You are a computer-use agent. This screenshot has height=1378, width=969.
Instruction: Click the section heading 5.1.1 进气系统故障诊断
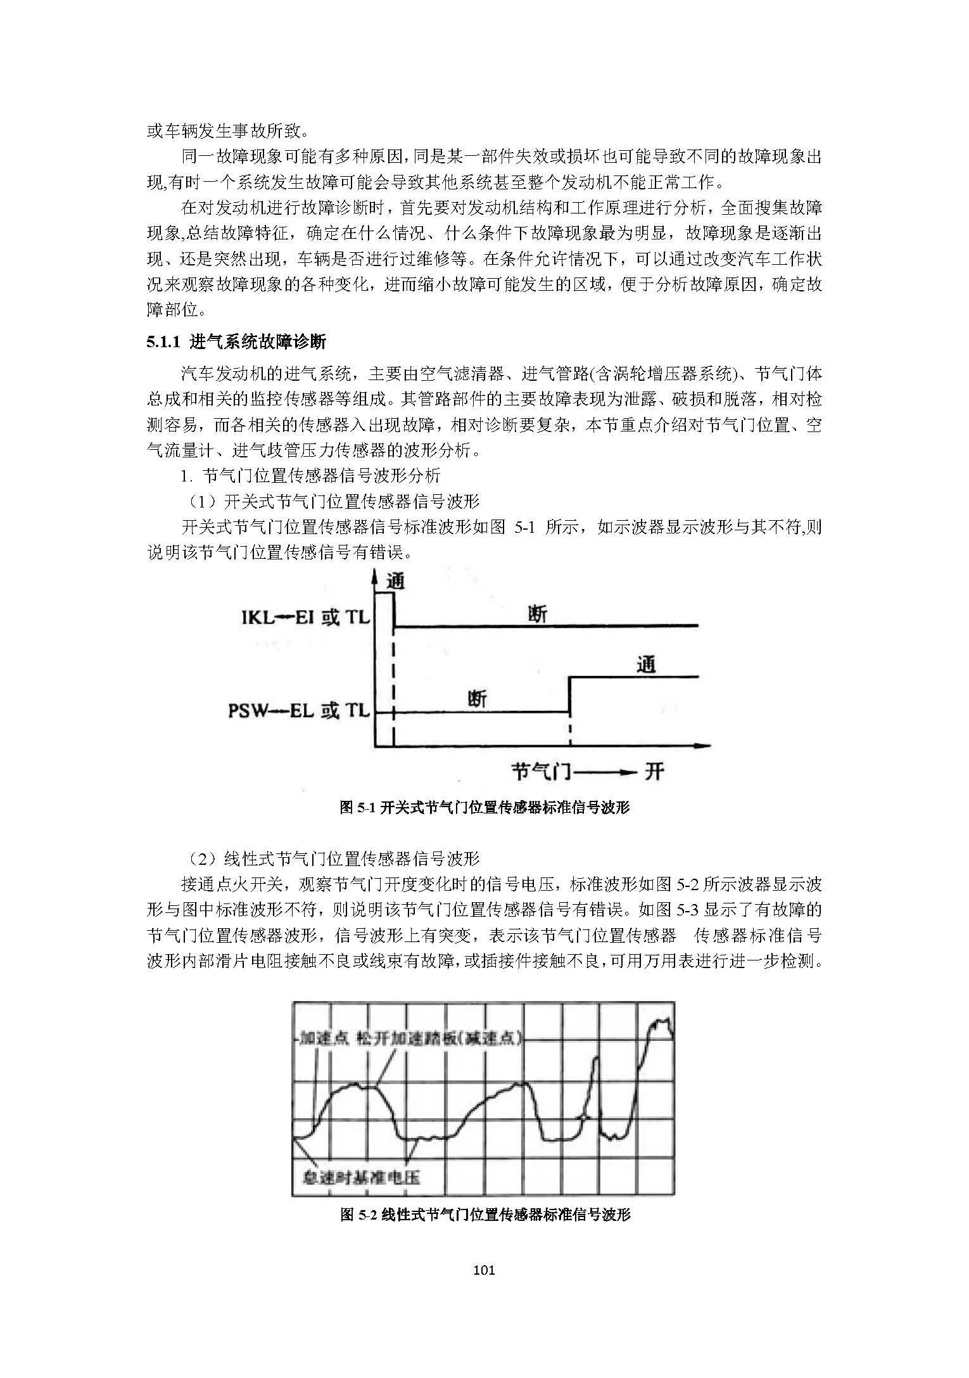point(236,343)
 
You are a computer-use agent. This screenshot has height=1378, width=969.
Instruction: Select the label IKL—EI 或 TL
point(305,616)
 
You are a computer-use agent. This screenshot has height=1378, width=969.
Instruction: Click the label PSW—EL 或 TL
point(298,711)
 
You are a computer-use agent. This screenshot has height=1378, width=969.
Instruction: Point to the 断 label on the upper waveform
point(537,614)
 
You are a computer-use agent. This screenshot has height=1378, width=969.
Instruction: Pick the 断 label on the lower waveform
point(478,699)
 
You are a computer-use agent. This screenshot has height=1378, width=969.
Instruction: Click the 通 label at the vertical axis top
point(395,581)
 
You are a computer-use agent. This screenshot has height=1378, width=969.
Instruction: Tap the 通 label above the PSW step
point(645,665)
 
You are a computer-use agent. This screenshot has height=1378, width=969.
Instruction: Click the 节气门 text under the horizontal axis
point(541,771)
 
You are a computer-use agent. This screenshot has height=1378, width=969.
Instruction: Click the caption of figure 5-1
point(484,807)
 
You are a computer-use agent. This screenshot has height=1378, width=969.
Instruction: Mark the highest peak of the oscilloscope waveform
point(663,1020)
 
